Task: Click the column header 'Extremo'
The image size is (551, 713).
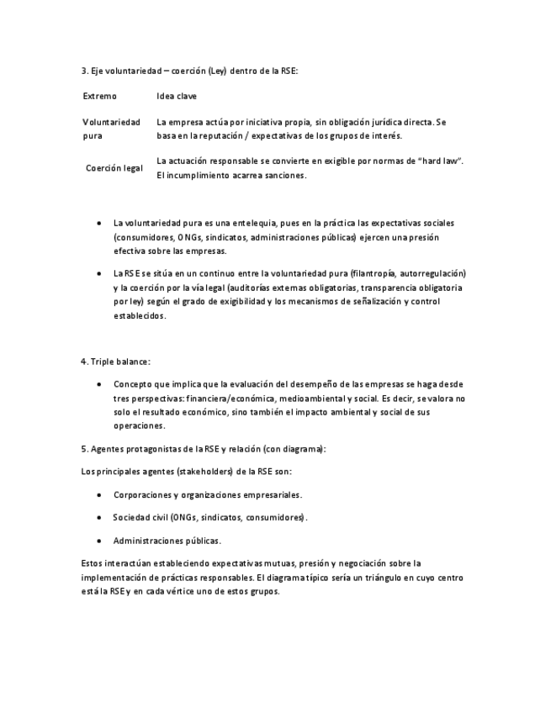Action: pos(100,97)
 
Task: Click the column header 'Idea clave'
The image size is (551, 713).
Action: pos(177,97)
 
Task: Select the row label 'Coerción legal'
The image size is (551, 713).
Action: pos(114,168)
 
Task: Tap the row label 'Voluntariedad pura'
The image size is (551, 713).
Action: pos(111,129)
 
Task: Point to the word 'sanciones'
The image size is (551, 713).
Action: pos(282,176)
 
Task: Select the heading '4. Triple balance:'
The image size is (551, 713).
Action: pos(116,362)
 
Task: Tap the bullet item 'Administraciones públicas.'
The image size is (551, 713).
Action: pos(167,541)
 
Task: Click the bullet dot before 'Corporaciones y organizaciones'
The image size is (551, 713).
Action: pos(100,495)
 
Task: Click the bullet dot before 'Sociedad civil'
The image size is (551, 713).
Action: pos(100,518)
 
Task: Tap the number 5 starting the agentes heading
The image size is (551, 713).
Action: pos(83,449)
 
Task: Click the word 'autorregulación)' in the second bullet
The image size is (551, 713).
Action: pos(434,273)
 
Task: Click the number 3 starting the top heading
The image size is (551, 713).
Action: pos(83,71)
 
